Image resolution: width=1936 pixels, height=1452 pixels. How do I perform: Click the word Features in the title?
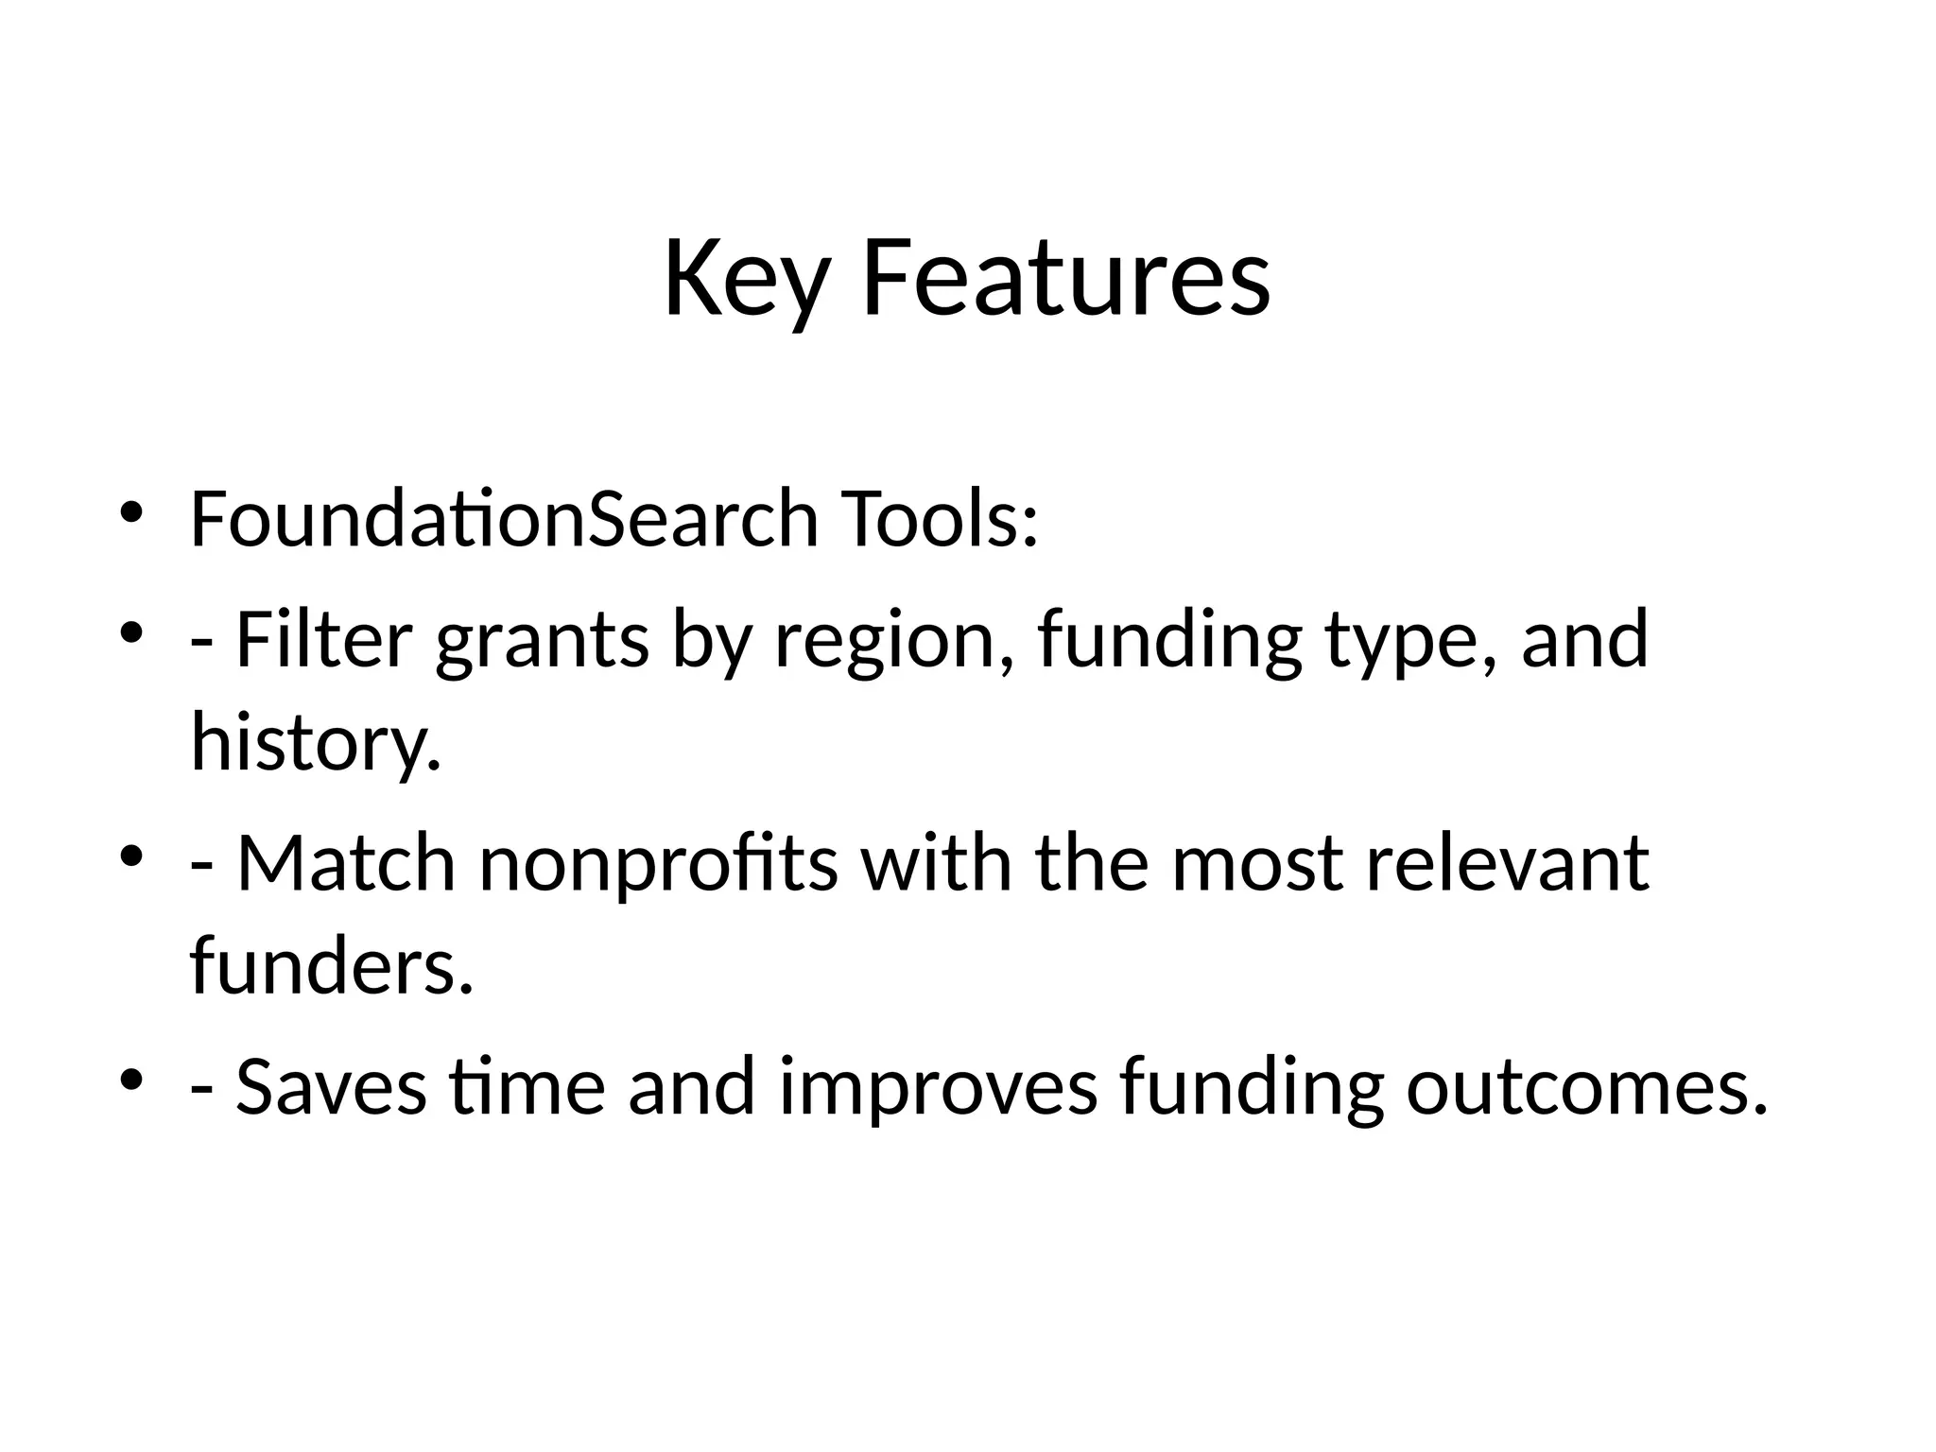click(x=1065, y=280)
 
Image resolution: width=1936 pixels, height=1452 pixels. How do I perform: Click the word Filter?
click(x=323, y=639)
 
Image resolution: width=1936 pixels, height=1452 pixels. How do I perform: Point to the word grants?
click(x=543, y=641)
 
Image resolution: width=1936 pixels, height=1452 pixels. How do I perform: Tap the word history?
click(x=316, y=741)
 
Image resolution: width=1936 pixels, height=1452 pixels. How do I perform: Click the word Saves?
click(x=331, y=1087)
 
